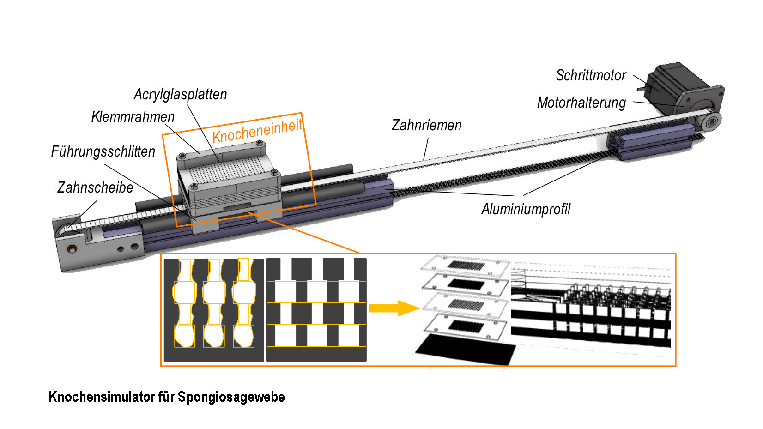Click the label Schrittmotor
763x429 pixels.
tap(591, 75)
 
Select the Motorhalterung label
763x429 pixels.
tap(581, 103)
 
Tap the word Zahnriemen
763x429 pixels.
tap(426, 125)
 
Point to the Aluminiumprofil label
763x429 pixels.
tap(526, 209)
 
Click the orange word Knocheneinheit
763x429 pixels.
tap(257, 130)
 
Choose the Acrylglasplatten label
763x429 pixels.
tap(180, 94)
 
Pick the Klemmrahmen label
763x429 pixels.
tap(133, 117)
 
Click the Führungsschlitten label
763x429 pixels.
tap(103, 151)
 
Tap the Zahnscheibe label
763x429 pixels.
tap(95, 187)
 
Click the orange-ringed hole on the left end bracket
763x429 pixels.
tap(72, 249)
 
